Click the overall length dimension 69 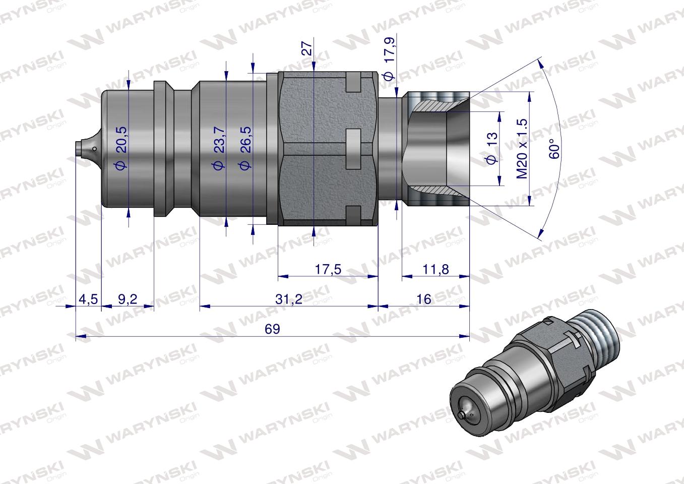tap(272, 329)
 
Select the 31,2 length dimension tap(289, 299)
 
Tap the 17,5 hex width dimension tap(328, 269)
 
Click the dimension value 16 tap(424, 299)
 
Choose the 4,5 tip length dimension tap(88, 299)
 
